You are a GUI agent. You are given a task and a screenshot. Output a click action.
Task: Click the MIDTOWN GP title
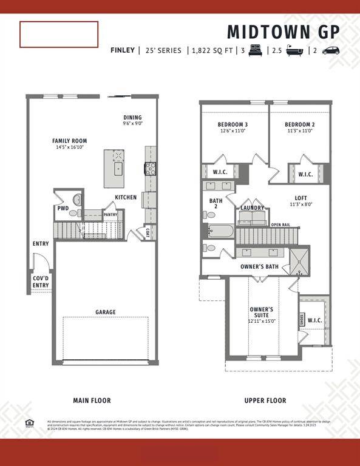click(283, 32)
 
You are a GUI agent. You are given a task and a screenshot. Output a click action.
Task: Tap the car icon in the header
click(330, 50)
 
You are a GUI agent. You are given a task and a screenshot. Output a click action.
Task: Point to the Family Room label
click(69, 144)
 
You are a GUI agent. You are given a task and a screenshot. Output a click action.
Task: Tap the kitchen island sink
click(118, 168)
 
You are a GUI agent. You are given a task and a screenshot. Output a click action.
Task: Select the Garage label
click(105, 312)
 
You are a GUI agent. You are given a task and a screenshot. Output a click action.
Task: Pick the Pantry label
click(110, 214)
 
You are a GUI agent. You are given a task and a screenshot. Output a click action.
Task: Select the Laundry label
click(252, 208)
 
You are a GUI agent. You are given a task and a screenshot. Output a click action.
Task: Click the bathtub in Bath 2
click(220, 231)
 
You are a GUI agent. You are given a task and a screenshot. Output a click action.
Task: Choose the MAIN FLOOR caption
click(92, 400)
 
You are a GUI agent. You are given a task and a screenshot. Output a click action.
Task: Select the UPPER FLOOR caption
click(265, 400)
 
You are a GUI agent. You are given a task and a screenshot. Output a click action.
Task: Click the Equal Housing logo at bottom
click(29, 423)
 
